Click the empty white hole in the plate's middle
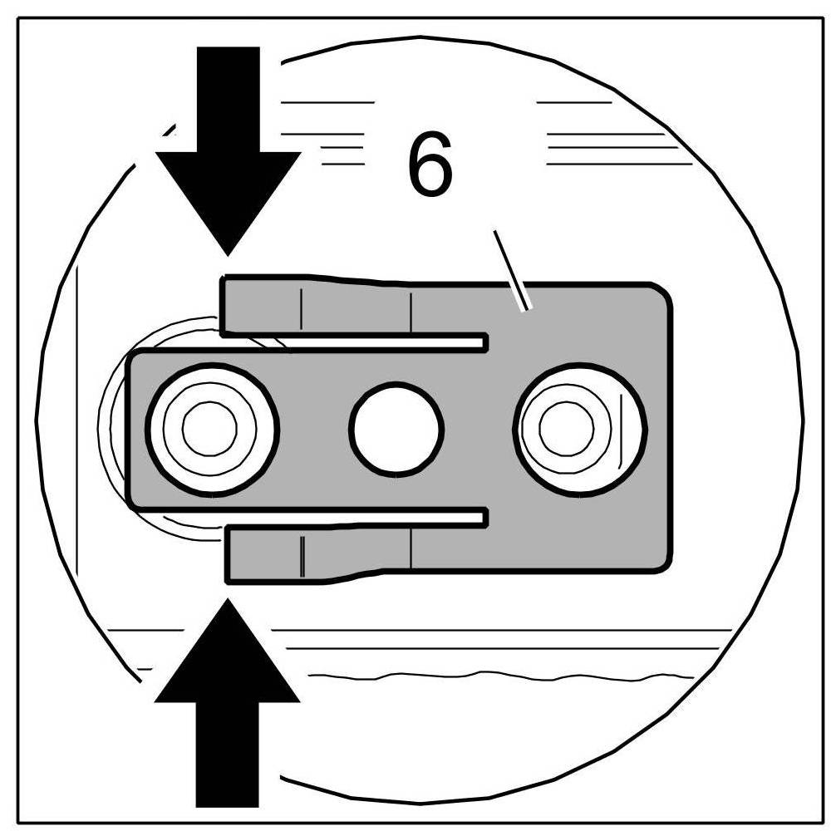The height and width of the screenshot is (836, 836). click(x=396, y=429)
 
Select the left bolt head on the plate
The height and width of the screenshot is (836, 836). click(x=211, y=429)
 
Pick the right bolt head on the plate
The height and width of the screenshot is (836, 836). click(x=579, y=429)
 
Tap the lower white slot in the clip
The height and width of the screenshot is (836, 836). click(x=357, y=519)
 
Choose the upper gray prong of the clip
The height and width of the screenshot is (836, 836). click(x=316, y=306)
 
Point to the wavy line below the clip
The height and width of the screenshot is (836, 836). click(x=499, y=674)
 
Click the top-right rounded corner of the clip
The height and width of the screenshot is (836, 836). click(x=660, y=293)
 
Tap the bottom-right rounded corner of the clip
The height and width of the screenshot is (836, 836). click(x=660, y=563)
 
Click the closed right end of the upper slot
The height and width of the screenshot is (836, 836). click(x=483, y=342)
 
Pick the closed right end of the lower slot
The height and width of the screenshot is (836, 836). click(x=483, y=519)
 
